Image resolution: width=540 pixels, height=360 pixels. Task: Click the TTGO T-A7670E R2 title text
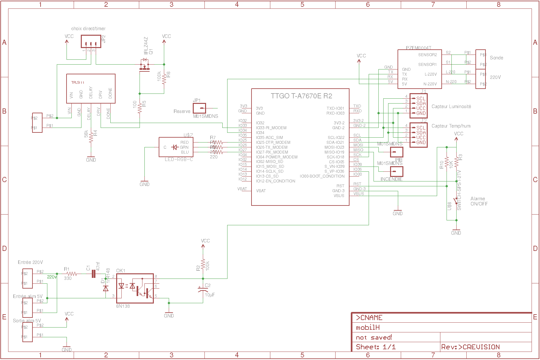[301, 96]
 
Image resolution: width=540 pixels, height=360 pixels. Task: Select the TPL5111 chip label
[78, 82]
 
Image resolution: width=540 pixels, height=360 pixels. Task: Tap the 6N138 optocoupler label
[123, 306]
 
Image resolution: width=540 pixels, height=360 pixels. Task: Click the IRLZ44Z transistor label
[146, 46]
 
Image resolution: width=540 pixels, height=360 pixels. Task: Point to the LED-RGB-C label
[179, 159]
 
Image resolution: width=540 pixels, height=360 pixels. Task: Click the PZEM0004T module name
[418, 48]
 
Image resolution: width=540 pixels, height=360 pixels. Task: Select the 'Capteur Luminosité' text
[451, 106]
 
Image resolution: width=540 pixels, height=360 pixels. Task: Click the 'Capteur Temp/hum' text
[451, 126]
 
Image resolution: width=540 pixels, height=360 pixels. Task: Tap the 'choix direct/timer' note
[88, 29]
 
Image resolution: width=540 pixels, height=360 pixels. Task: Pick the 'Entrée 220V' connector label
[30, 262]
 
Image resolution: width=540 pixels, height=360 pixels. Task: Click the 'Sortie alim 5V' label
[27, 321]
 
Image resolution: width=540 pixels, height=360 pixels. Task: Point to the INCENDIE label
[391, 179]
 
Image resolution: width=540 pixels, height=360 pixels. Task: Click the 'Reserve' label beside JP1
[182, 111]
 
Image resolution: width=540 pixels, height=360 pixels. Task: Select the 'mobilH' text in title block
[368, 328]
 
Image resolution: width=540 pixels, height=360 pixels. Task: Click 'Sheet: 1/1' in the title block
[376, 347]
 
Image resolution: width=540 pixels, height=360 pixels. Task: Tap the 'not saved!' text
[374, 338]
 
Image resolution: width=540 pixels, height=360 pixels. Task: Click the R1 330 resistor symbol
[71, 274]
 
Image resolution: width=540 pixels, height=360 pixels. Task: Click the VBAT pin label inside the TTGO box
[261, 191]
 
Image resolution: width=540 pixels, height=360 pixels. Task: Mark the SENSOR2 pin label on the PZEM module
[427, 55]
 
